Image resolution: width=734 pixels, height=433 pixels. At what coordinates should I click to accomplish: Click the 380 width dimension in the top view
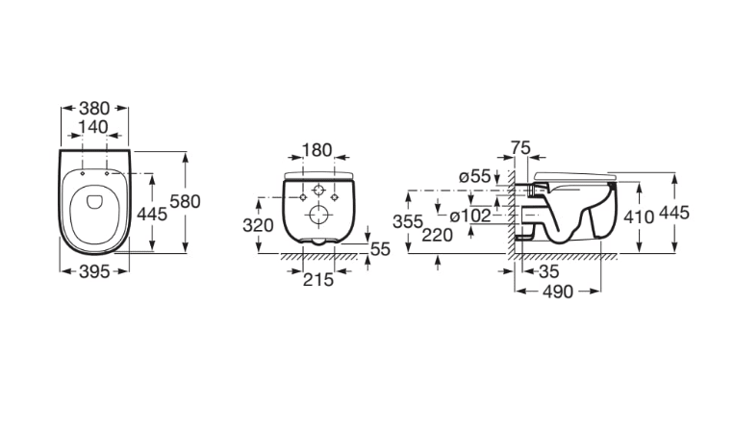pyautogui.click(x=93, y=109)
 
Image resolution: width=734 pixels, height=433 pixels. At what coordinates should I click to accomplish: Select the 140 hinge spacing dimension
pyautogui.click(x=93, y=126)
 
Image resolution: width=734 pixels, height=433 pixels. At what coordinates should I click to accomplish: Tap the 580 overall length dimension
pyautogui.click(x=185, y=201)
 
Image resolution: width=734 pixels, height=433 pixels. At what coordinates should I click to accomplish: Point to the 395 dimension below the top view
pyautogui.click(x=93, y=272)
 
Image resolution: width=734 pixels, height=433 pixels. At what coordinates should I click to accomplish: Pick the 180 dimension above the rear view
pyautogui.click(x=316, y=150)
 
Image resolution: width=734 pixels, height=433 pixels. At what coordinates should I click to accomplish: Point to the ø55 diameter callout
pyautogui.click(x=474, y=175)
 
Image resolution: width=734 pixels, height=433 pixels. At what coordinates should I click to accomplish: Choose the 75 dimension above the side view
pyautogui.click(x=521, y=147)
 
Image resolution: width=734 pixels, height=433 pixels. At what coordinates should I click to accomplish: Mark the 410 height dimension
pyautogui.click(x=639, y=216)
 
